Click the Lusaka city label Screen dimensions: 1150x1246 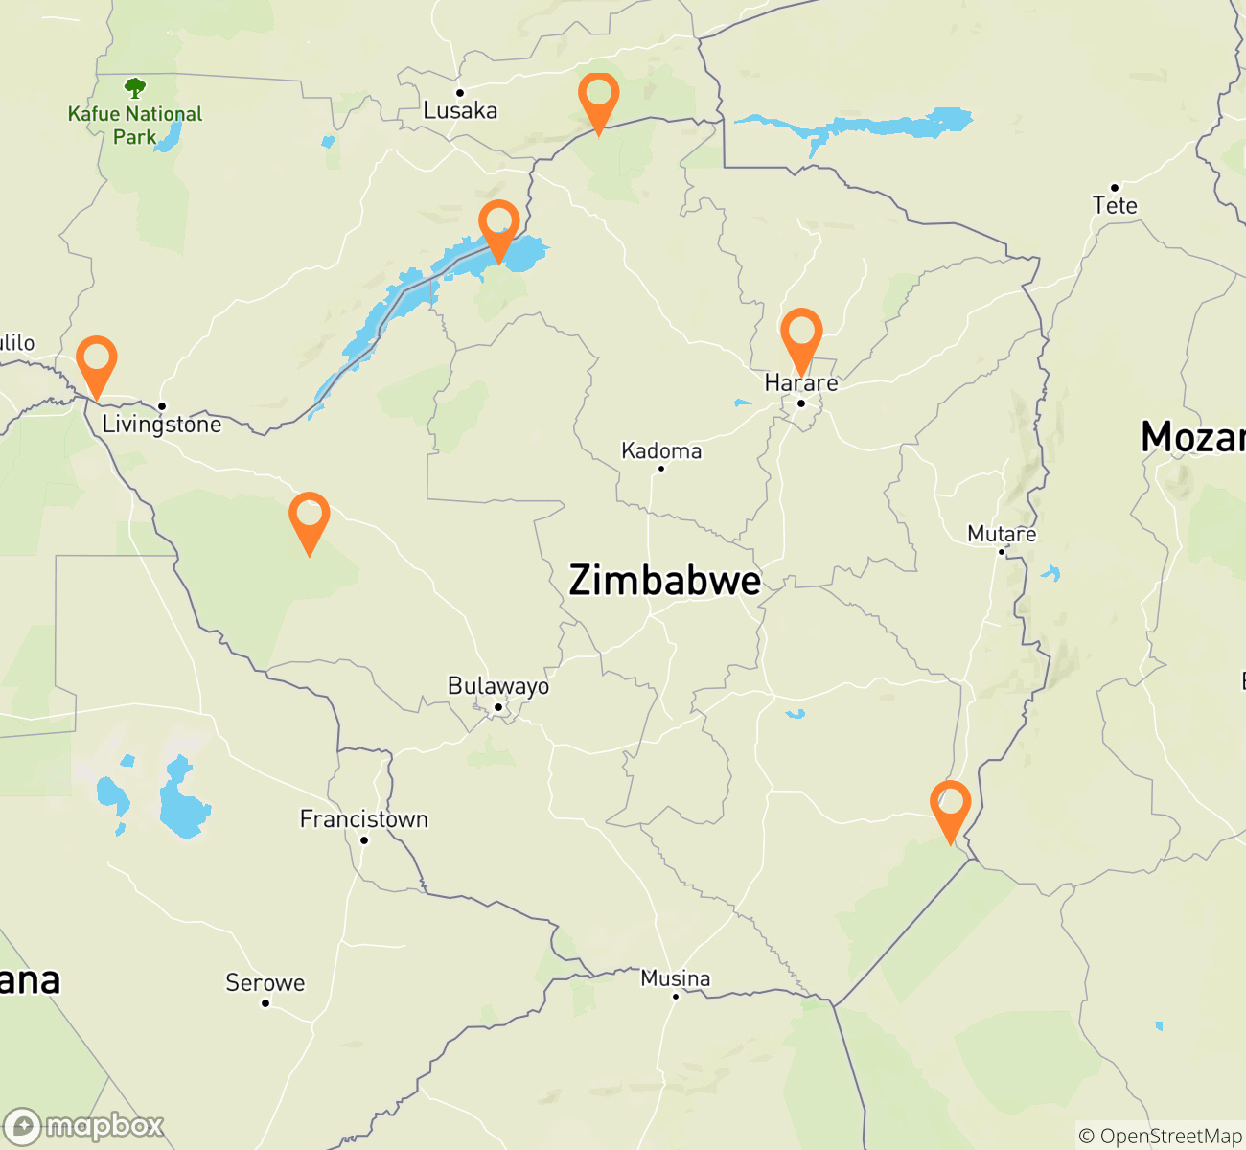pos(460,110)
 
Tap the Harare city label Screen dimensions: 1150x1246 pos(801,383)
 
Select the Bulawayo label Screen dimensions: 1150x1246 pos(498,686)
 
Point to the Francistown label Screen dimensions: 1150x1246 pos(364,819)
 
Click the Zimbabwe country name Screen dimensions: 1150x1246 pos(665,581)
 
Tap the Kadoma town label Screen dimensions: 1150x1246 pos(661,450)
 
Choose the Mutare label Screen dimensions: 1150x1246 pos(1002,534)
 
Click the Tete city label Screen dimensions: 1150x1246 pos(1115,205)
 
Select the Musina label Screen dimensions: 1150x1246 pos(676,978)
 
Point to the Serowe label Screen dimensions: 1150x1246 pos(265,982)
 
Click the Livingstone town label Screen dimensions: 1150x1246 pos(162,425)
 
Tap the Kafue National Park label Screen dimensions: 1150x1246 pos(135,125)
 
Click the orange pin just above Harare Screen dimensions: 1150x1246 pos(801,335)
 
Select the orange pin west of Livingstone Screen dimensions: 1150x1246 pos(97,363)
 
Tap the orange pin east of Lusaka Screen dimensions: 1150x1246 pos(599,100)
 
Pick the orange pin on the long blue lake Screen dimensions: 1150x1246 pos(499,227)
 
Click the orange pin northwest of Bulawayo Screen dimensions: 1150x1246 pos(310,519)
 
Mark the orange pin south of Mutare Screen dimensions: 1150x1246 pos(950,808)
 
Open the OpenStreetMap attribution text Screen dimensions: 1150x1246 pos(1160,1137)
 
